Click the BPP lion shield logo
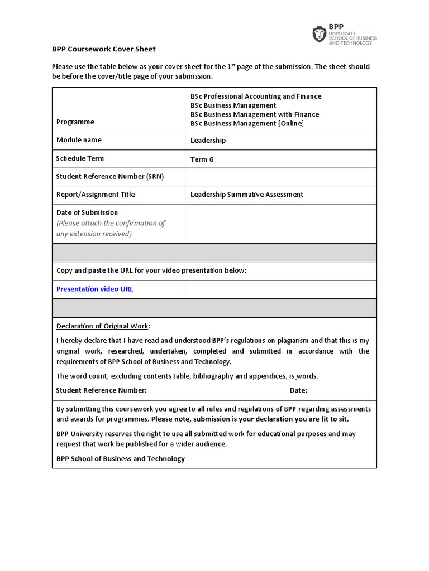pyautogui.click(x=319, y=35)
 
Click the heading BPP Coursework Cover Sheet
pyautogui.click(x=104, y=49)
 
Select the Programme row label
pyautogui.click(x=75, y=122)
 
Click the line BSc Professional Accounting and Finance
pyautogui.click(x=256, y=96)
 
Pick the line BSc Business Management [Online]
pyautogui.click(x=247, y=123)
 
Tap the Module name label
pyautogui.click(x=79, y=140)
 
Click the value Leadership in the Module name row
pyautogui.click(x=208, y=141)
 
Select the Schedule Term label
pyautogui.click(x=80, y=158)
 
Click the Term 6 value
pyautogui.click(x=202, y=159)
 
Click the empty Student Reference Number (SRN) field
pyautogui.click(x=280, y=177)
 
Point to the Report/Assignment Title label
pyautogui.click(x=96, y=195)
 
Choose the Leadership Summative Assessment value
pyautogui.click(x=246, y=195)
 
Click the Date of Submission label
pyautogui.click(x=87, y=212)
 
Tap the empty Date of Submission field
pyautogui.click(x=280, y=223)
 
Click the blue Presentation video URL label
pyautogui.click(x=94, y=289)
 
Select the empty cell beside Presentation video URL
pyautogui.click(x=280, y=289)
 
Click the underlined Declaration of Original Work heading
pyautogui.click(x=103, y=326)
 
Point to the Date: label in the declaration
pyautogui.click(x=298, y=390)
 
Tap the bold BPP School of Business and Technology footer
pyautogui.click(x=120, y=459)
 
